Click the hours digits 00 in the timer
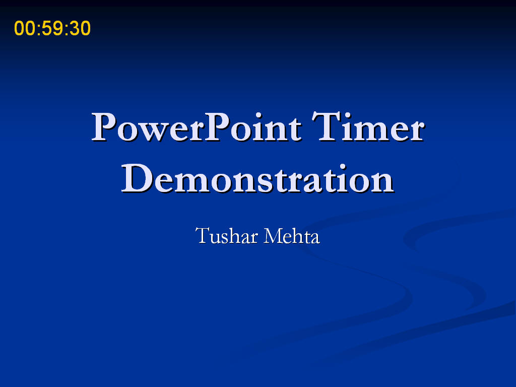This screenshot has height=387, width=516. point(25,28)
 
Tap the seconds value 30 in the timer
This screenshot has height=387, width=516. point(80,28)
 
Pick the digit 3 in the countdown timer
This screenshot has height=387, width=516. point(75,28)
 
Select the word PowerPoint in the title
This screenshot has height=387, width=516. point(197,127)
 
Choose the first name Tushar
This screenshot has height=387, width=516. point(227,236)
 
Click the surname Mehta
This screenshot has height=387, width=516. point(292,236)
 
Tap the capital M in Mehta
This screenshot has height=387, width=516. point(273,236)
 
